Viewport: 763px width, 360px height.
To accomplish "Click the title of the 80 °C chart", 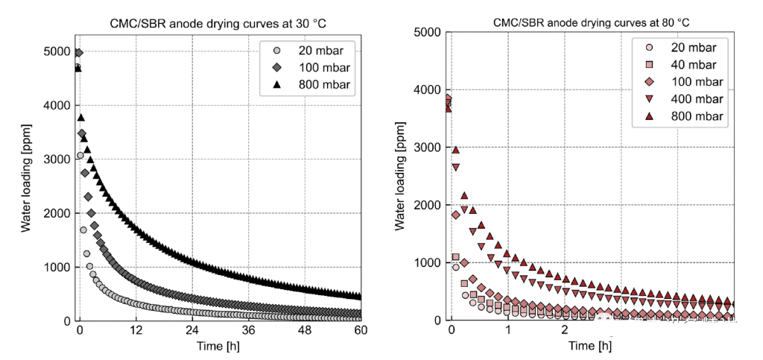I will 591,22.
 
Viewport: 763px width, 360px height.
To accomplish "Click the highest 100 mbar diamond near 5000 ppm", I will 78,53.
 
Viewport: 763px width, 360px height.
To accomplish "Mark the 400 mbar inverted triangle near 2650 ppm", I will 455,168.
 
